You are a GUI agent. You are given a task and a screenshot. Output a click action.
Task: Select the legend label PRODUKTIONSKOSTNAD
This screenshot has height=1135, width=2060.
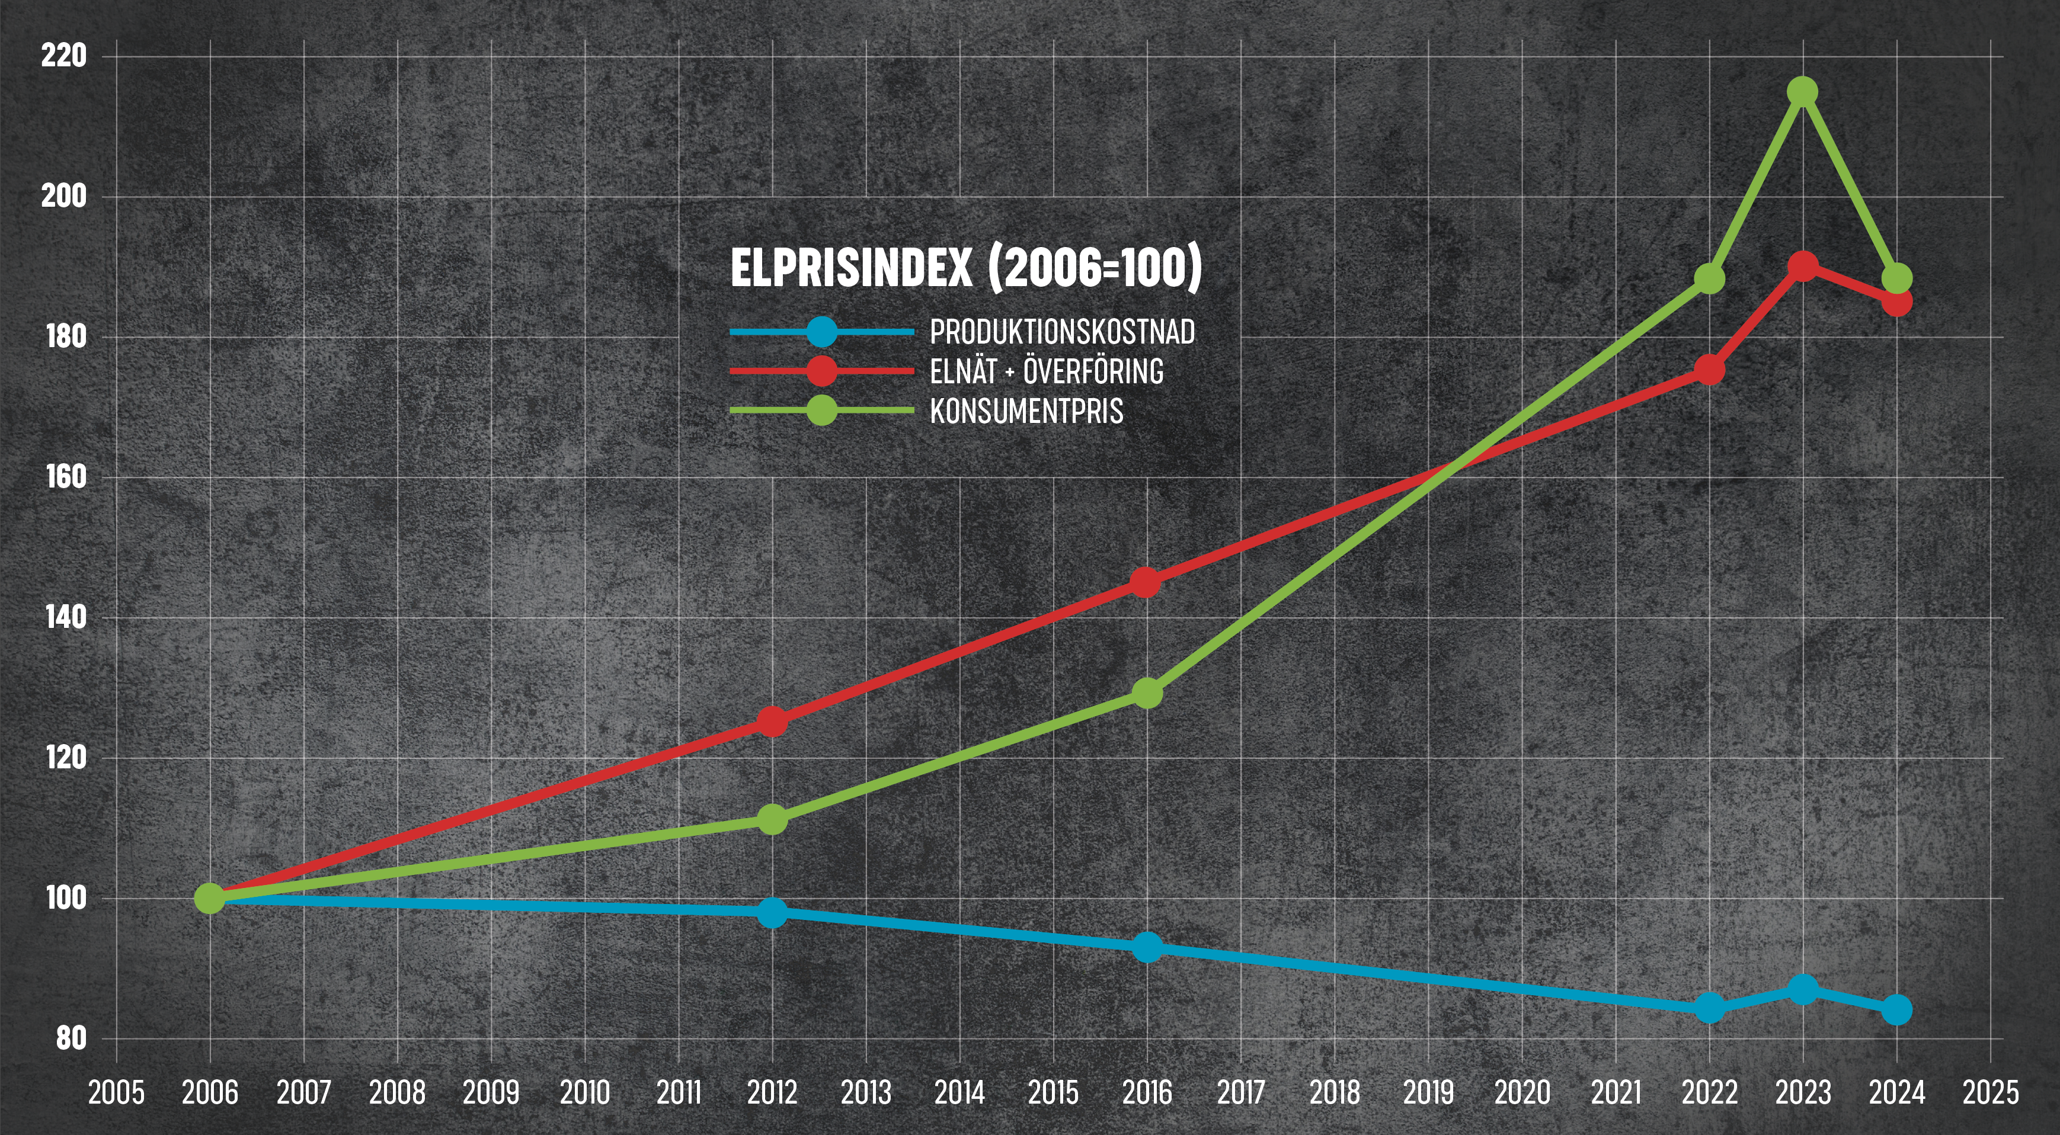[1062, 332]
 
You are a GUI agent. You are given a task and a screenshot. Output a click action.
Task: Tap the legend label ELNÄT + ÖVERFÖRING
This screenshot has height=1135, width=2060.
[1046, 371]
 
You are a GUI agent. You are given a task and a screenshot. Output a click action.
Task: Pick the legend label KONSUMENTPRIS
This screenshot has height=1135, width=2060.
[1026, 412]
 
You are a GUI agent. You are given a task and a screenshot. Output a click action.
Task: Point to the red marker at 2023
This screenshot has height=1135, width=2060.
[1803, 266]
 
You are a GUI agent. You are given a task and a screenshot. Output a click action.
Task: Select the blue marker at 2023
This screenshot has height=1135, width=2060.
[1803, 989]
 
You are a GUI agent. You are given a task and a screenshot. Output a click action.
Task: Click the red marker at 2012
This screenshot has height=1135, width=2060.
[772, 722]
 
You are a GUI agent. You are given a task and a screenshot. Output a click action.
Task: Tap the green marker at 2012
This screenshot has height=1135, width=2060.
[772, 819]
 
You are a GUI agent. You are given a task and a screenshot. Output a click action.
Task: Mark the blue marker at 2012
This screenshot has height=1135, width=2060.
[772, 912]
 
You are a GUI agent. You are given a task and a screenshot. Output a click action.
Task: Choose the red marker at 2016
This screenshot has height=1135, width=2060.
[1146, 582]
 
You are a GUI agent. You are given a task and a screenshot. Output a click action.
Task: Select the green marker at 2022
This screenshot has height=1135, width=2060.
[1710, 278]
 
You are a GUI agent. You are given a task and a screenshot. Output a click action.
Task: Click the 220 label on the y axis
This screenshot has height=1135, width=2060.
[64, 56]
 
